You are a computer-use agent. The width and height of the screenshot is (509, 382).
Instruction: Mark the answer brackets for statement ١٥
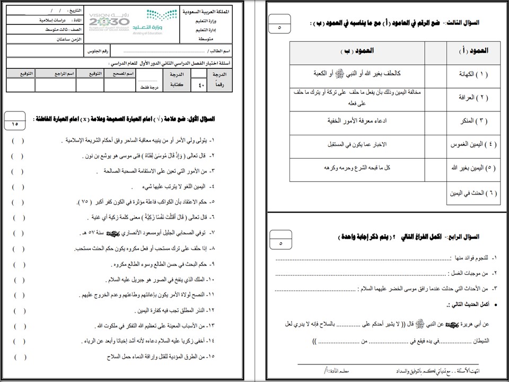click(x=17, y=357)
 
